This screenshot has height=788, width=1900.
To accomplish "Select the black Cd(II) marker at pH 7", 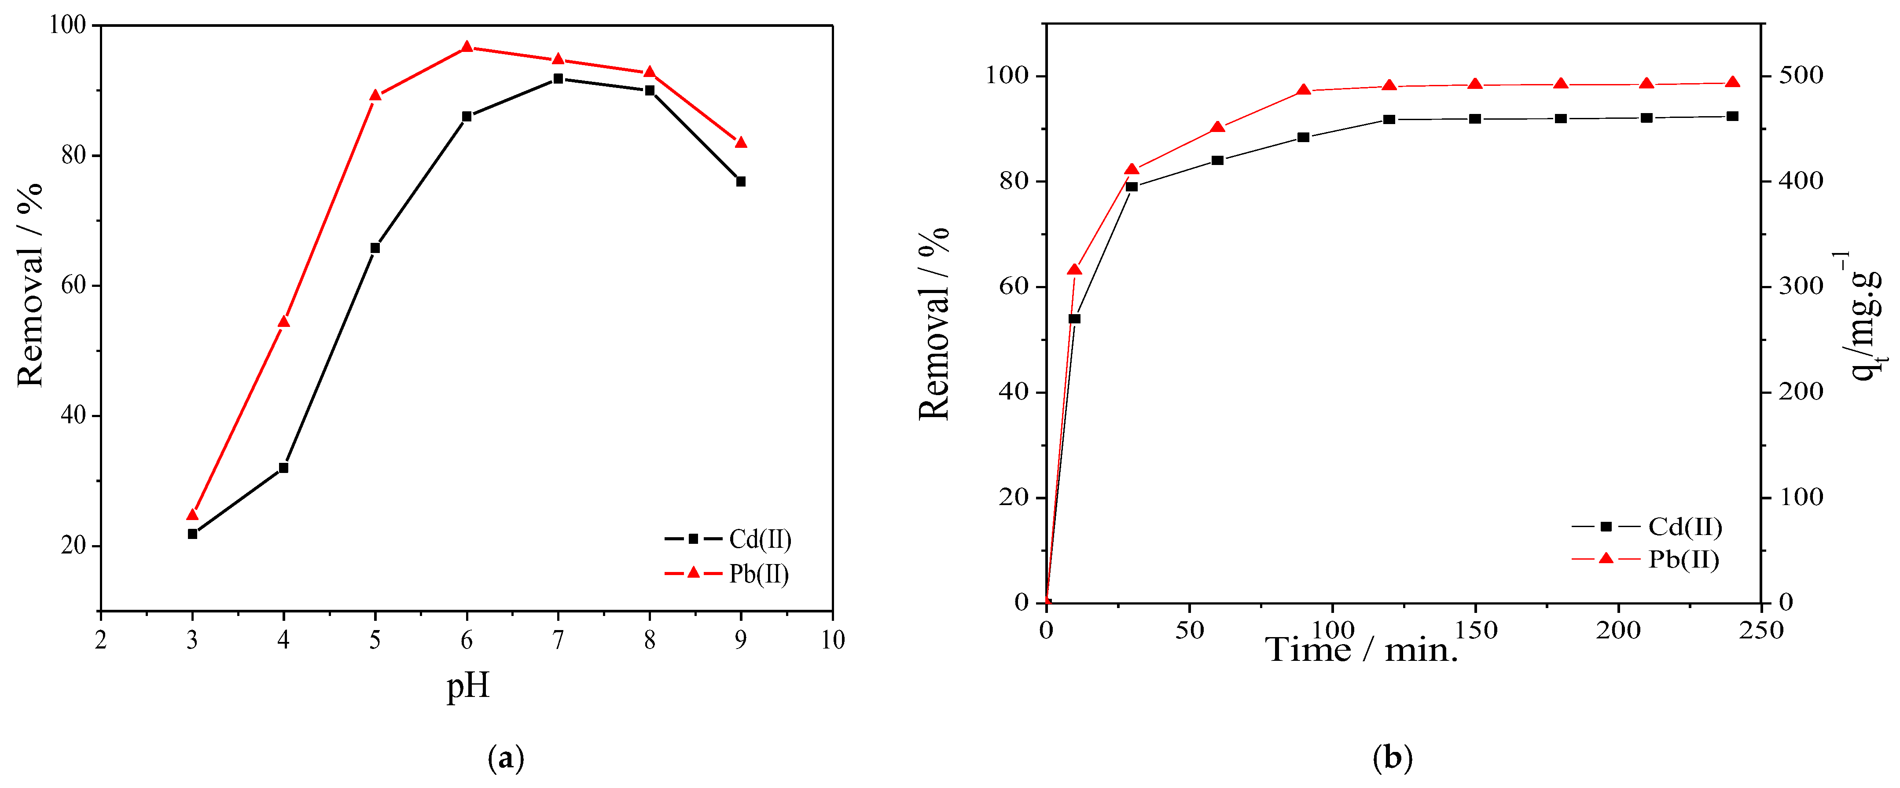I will [559, 79].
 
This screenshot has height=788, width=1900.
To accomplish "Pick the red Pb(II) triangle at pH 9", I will [741, 142].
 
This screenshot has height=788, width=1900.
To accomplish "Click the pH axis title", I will [467, 685].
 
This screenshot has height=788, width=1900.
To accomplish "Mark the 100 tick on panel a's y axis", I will [67, 25].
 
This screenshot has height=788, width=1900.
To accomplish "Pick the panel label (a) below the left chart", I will [506, 758].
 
